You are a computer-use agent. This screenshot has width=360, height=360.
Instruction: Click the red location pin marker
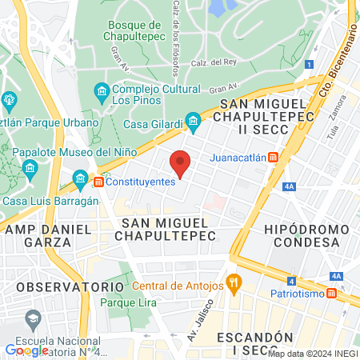pyautogui.click(x=181, y=163)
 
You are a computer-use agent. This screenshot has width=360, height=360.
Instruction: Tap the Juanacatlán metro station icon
pyautogui.click(x=274, y=157)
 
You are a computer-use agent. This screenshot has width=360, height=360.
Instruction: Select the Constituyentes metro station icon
pyautogui.click(x=98, y=182)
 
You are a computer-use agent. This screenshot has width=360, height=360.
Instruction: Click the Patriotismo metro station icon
pyautogui.click(x=332, y=294)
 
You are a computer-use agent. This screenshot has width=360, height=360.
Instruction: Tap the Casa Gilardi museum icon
pyautogui.click(x=193, y=122)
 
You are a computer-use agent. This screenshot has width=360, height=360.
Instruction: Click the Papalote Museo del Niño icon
pyautogui.click(x=30, y=168)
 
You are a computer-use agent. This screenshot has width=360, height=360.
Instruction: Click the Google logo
pyautogui.click(x=26, y=350)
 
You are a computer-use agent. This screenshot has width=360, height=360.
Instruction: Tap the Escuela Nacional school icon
pyautogui.click(x=33, y=321)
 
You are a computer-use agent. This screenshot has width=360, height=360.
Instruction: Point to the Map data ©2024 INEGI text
pyautogui.click(x=312, y=353)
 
